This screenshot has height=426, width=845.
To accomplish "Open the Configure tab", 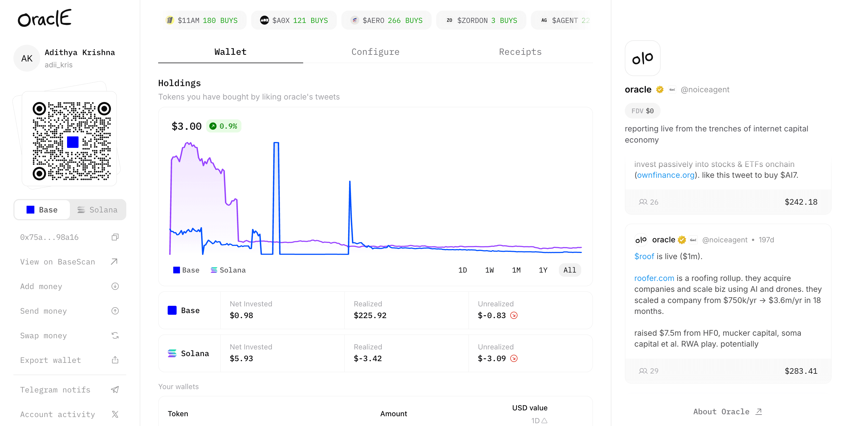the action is click(375, 52).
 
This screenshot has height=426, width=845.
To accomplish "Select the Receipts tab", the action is click(520, 52).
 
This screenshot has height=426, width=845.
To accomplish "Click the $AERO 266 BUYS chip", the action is click(386, 20).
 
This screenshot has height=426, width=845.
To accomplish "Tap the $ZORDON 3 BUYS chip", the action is click(481, 20).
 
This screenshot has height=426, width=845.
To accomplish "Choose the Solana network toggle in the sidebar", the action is click(98, 210).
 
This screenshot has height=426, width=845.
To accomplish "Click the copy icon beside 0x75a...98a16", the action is click(115, 237).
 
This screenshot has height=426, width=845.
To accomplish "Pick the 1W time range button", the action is click(489, 270).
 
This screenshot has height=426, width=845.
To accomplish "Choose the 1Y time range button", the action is click(543, 270).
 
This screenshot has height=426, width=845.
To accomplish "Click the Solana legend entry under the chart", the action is click(228, 270).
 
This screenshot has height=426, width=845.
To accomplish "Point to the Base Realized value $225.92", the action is click(370, 315).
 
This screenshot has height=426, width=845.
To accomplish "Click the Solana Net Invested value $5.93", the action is click(241, 358).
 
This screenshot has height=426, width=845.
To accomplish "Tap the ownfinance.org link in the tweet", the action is click(666, 175).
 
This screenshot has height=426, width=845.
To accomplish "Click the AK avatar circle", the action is click(27, 58).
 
